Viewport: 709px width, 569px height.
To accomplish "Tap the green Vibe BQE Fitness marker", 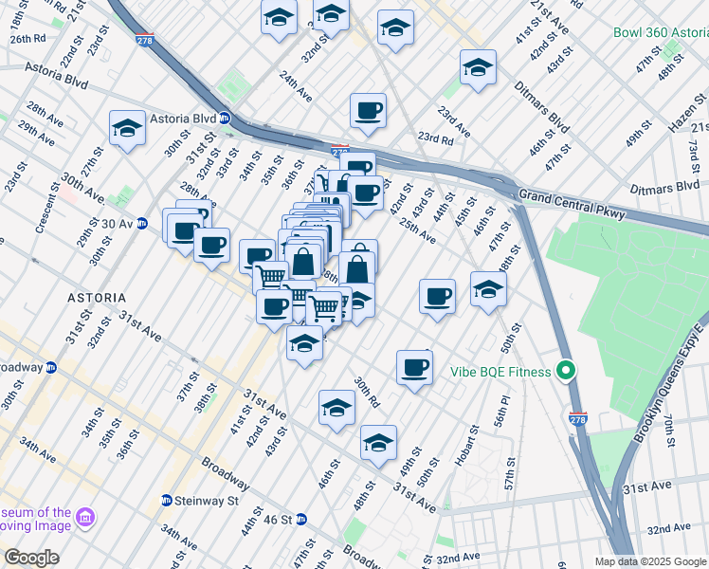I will point(567,371).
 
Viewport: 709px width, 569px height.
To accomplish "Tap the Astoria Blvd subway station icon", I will point(226,119).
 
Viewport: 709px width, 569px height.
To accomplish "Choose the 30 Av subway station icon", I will point(143,224).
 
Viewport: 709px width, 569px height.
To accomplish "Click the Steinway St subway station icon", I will point(167,500).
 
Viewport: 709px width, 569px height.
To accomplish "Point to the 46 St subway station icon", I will point(301,519).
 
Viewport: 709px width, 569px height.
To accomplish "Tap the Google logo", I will point(31,558).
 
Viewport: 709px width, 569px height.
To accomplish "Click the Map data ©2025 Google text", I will point(650,561).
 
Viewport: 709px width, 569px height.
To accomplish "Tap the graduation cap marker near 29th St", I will point(126,129).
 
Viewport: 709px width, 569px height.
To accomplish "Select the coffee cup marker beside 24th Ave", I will point(368,110).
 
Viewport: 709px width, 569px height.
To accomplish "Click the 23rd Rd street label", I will point(435,138).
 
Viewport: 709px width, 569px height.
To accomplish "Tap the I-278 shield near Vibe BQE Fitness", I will point(577,416).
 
